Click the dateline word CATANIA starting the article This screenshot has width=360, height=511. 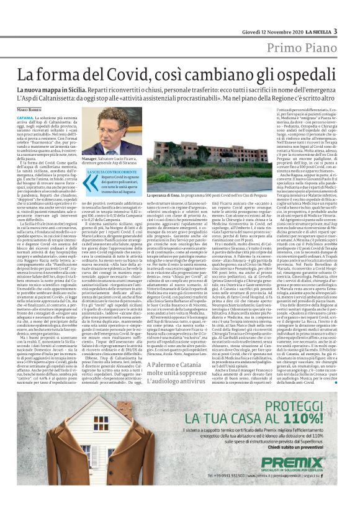click(x=26, y=117)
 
